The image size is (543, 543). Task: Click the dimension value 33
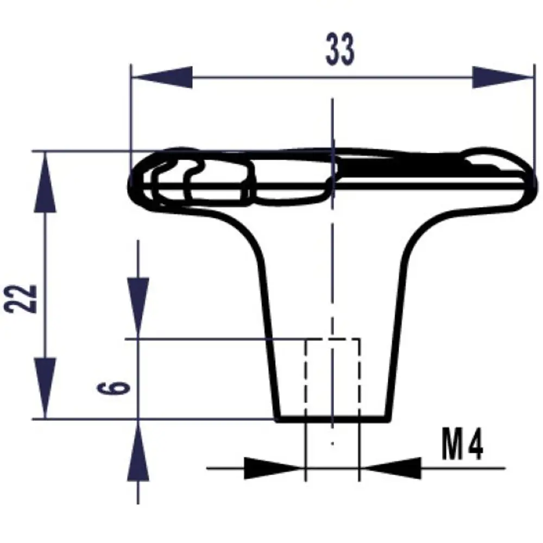click(x=340, y=49)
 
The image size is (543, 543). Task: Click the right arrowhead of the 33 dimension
click(x=502, y=77)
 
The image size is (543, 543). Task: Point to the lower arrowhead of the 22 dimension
click(x=45, y=388)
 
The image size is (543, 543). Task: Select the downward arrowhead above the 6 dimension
click(x=138, y=307)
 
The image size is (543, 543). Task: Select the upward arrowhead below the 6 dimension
click(x=138, y=450)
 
